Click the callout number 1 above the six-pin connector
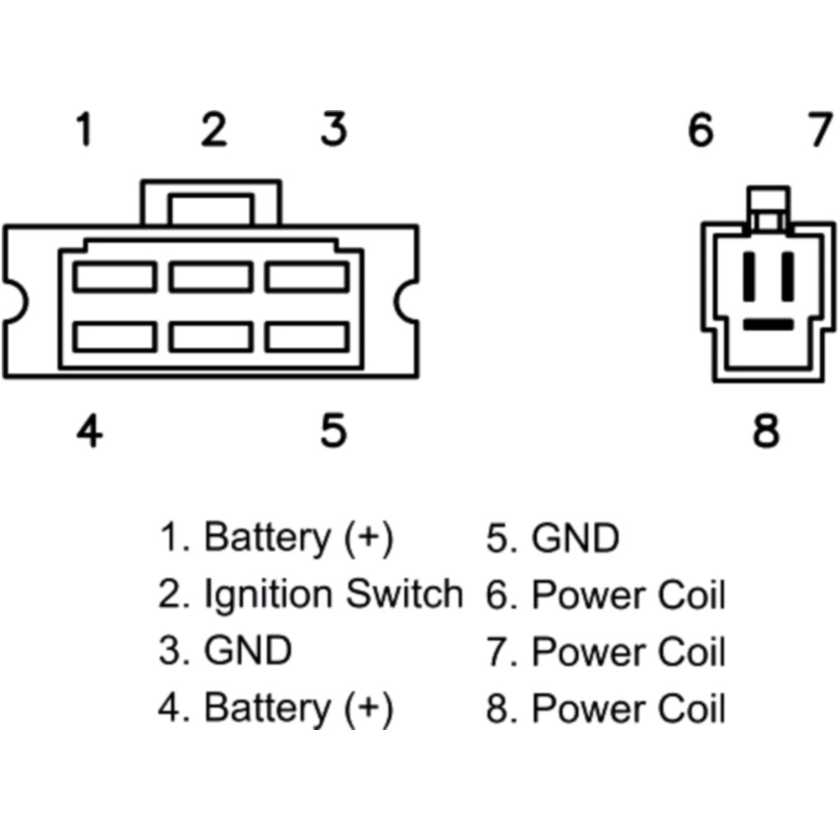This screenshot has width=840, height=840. [83, 131]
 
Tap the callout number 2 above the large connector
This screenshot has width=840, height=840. [213, 131]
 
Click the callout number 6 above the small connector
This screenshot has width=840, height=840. [700, 131]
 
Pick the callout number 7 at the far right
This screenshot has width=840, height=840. [820, 131]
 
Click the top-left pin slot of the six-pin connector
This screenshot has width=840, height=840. [114, 276]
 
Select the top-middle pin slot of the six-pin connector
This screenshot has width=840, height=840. [211, 276]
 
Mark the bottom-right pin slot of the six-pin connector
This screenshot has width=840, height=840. [307, 336]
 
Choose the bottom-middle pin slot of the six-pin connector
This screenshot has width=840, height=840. [211, 336]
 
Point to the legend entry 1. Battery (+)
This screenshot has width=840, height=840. [276, 538]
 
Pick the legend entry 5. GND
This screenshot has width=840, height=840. [553, 538]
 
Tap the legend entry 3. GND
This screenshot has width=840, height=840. [225, 651]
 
